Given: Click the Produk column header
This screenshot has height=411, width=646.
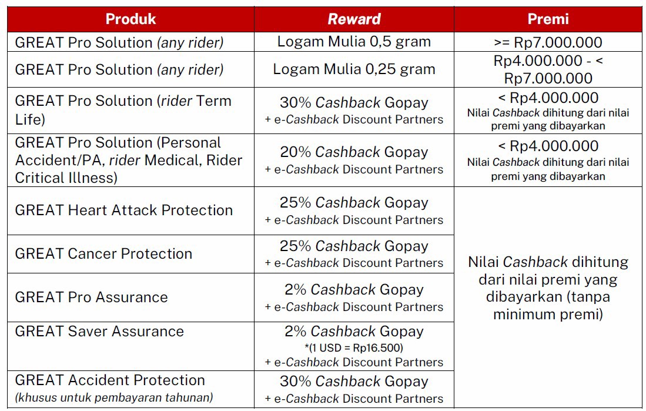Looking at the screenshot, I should coord(130,19).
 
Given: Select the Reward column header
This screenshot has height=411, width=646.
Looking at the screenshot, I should coord(354,19).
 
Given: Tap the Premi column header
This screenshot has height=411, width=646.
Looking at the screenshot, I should coord(548,19).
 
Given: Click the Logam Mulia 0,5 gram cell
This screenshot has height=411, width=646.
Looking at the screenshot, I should coord(354,42).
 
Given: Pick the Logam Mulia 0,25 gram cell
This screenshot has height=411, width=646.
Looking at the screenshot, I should coord(354,69).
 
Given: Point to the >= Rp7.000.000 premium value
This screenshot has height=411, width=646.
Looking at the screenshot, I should coord(548,42).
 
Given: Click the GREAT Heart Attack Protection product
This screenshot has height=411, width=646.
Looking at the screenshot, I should coord(124,210).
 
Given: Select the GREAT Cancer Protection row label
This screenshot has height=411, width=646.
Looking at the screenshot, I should coord(103,253).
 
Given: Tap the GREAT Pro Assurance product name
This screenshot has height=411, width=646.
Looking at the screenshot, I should coord(91,297).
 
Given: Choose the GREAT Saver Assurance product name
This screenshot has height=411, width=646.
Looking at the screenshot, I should coord(99,331).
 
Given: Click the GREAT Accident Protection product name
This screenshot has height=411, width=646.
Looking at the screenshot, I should coord(110,380).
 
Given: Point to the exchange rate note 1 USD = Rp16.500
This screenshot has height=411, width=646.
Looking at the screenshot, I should coord(354,347).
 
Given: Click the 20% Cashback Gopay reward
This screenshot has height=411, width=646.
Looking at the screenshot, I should coord(354,152).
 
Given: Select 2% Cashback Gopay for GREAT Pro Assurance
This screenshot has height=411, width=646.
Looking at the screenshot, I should coord(354,289).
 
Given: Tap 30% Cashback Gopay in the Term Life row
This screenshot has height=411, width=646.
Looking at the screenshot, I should coord(354,102).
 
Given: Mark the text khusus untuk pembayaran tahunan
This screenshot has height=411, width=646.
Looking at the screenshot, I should coord(114,397).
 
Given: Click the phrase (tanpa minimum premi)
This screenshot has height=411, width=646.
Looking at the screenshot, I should coord(548,306).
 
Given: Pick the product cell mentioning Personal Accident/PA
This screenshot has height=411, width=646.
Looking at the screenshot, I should coord(128,160).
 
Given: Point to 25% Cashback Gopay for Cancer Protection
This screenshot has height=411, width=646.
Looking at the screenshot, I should coord(354,246).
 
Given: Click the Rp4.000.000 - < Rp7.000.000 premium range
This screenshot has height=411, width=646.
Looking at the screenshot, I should coord(548,69).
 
